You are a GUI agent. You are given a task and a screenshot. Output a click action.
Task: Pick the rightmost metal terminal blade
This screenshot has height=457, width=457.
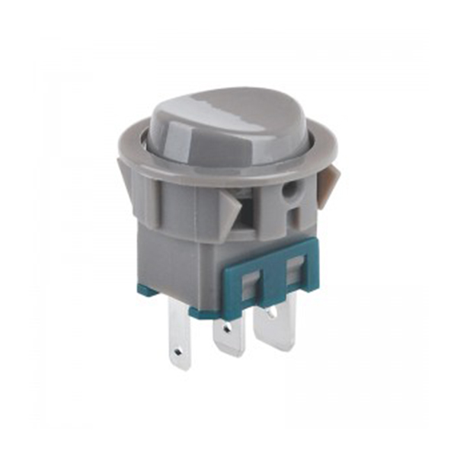(279, 320)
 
